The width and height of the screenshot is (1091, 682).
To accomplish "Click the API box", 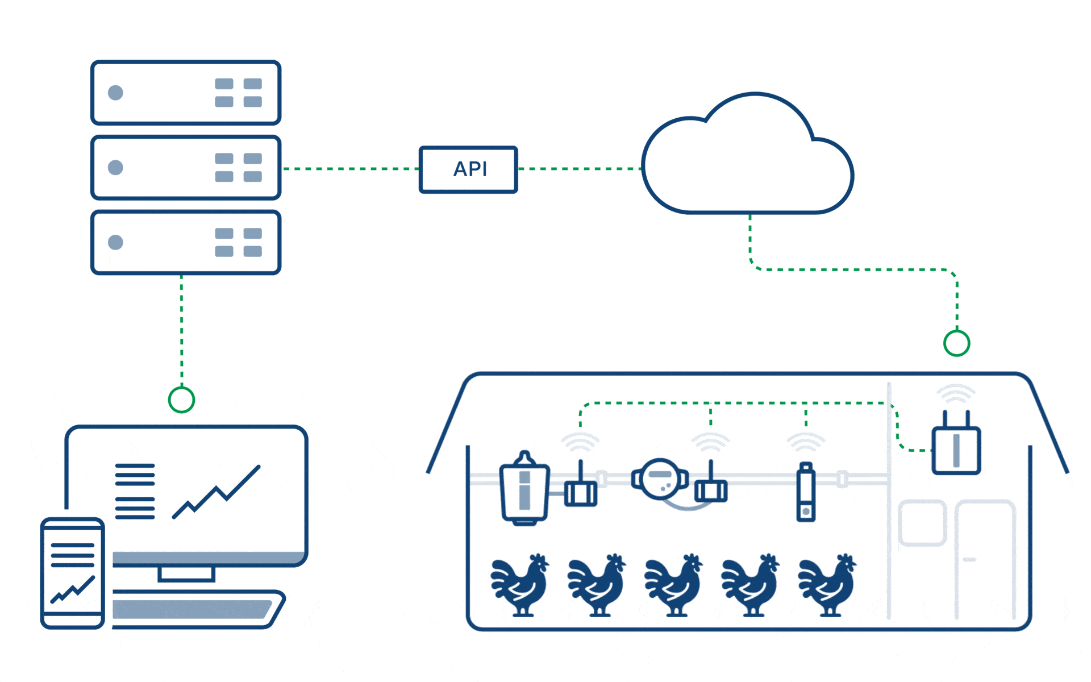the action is tap(468, 169).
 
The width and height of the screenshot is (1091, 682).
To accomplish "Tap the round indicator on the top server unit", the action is tap(115, 93).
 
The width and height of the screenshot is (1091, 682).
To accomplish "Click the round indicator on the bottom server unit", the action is tap(115, 243).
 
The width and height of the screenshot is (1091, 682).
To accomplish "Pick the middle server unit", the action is tap(186, 168).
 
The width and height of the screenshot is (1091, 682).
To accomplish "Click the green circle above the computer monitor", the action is tap(182, 388).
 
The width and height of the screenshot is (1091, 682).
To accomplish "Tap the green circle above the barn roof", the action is tap(957, 331).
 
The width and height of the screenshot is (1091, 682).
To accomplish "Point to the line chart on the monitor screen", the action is tap(216, 492).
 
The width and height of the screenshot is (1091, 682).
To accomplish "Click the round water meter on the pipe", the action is tap(660, 479).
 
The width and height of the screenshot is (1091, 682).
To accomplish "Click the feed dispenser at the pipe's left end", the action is tap(524, 489).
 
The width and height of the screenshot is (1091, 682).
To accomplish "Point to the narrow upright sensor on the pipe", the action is tap(806, 492).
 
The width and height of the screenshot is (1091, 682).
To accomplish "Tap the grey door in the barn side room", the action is tap(985, 560).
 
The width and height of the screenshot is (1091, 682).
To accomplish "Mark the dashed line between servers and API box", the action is tap(351, 169).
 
